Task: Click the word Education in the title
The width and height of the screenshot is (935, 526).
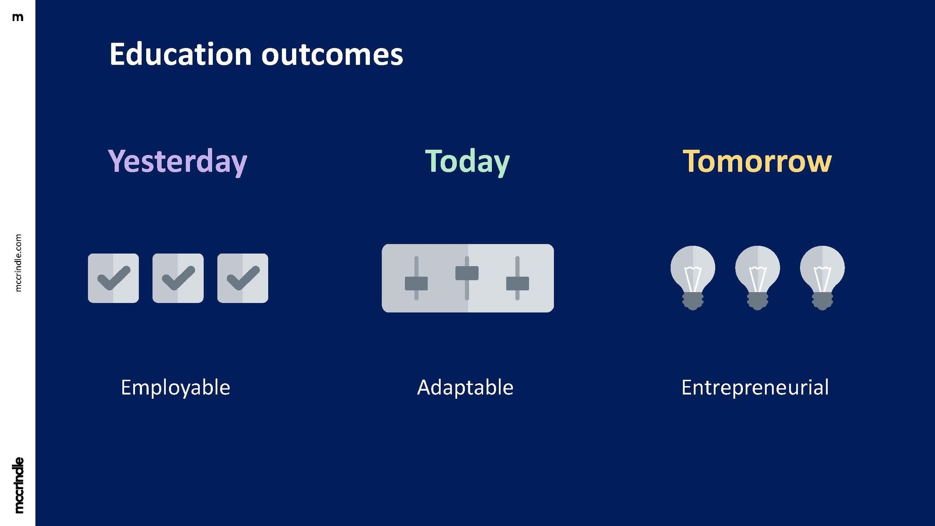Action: tap(181, 54)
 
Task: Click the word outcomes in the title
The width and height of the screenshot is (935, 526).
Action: tap(332, 55)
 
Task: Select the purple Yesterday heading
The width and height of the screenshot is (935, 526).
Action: tap(178, 162)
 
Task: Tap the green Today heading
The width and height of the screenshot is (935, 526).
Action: tap(467, 162)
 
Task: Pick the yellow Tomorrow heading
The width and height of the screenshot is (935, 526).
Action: tap(757, 161)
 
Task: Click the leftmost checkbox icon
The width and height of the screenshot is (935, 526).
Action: tap(113, 278)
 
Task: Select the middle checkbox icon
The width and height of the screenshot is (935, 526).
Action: tap(178, 278)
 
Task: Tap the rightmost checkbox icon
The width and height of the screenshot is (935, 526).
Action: tap(243, 278)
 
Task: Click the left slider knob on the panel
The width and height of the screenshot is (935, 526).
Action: tap(416, 284)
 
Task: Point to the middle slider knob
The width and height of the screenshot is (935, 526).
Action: tap(467, 273)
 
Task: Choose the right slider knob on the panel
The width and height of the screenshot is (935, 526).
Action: tap(518, 284)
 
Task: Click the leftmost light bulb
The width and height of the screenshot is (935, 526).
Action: tap(693, 278)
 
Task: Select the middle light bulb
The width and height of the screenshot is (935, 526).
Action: tap(757, 278)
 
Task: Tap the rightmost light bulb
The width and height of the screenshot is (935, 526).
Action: tap(822, 278)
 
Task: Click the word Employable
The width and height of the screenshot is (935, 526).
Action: tap(175, 388)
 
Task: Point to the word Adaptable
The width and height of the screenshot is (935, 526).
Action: tap(465, 388)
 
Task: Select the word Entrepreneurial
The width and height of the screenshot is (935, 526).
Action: tap(755, 388)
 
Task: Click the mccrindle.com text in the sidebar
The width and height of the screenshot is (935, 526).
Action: tap(18, 263)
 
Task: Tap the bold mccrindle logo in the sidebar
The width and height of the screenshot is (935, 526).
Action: tap(18, 485)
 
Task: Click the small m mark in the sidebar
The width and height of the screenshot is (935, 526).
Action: tap(18, 17)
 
